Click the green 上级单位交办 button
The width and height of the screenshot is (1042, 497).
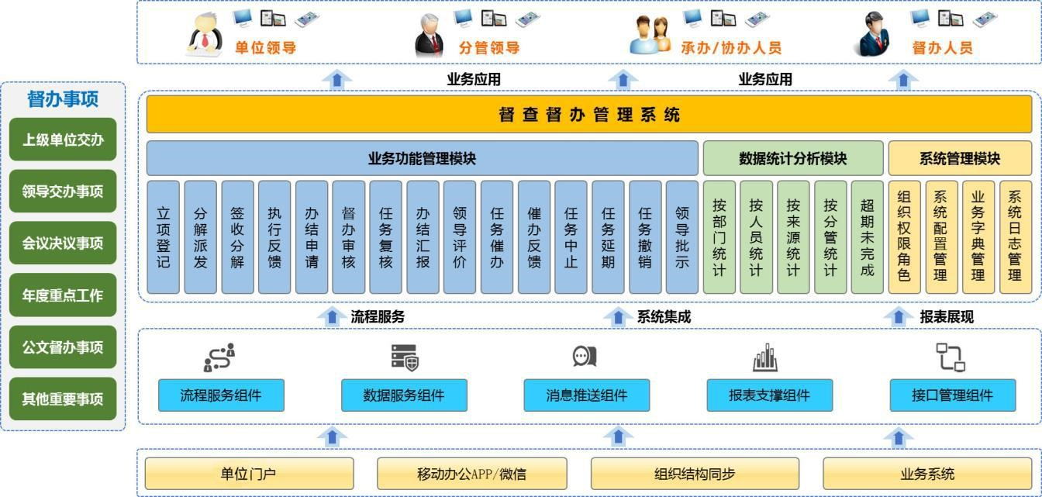[x=63, y=140]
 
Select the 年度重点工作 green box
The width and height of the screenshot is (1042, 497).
[x=63, y=295]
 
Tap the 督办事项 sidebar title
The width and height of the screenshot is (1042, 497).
[x=63, y=99]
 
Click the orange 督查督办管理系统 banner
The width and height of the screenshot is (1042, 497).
[x=589, y=116]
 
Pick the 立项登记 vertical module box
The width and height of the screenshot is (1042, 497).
[x=164, y=237]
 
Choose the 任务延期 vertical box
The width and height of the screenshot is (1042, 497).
[x=608, y=237]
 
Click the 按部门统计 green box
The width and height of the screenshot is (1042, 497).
[x=719, y=237]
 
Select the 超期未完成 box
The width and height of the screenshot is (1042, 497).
[x=868, y=237]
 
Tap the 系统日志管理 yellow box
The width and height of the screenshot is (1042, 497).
[x=1016, y=237]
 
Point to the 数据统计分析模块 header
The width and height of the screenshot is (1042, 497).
[x=793, y=158]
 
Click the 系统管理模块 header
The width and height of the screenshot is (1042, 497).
[x=960, y=158]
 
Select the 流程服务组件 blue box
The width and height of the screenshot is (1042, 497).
[x=221, y=395]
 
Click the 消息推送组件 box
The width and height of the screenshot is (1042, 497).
[x=587, y=395]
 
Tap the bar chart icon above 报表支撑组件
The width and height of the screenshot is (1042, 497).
[x=765, y=357]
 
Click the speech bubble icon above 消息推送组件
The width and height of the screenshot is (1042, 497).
[x=585, y=356]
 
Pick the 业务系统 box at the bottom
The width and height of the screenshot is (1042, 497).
[x=927, y=474]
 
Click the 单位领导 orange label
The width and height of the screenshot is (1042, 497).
[x=266, y=47]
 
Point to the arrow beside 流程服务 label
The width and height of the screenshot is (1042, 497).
[x=333, y=316]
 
